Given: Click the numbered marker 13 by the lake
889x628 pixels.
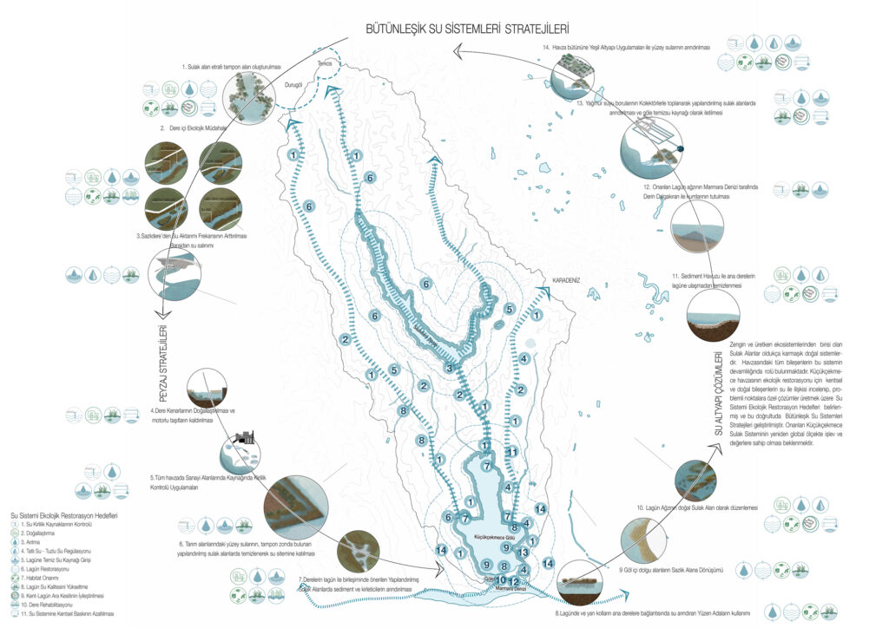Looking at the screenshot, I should (523, 553).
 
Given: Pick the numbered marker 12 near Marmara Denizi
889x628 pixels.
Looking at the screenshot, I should (514, 581).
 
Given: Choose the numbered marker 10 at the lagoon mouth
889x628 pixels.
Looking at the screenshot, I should (501, 580).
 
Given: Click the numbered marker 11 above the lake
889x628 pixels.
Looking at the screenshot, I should (512, 452).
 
